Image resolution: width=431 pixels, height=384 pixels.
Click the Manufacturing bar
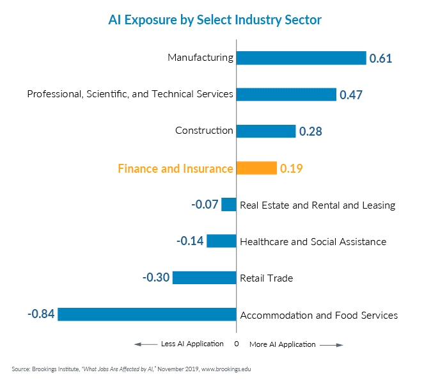(301, 58)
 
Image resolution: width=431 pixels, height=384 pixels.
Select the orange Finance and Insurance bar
(256, 168)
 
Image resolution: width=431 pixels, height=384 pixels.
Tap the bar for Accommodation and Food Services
(147, 314)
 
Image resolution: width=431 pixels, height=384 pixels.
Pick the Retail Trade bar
(205, 278)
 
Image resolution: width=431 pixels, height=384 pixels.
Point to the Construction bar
(266, 131)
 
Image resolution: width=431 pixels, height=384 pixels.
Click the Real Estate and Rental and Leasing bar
(229, 205)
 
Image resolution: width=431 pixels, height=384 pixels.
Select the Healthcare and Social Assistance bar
(221, 241)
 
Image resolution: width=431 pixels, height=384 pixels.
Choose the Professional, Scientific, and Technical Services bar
(286, 95)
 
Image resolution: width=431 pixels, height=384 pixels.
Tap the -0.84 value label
(42, 314)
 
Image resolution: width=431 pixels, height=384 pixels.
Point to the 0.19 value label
(291, 169)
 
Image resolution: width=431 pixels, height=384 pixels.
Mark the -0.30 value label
(156, 278)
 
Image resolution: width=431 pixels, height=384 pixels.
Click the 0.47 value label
(351, 95)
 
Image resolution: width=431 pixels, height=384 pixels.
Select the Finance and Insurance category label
(175, 169)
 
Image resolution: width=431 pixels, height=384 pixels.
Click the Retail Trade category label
(266, 278)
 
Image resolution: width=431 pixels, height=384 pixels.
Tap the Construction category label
(204, 131)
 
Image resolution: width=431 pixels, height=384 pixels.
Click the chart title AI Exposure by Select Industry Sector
(215, 20)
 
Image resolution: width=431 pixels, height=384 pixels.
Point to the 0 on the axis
(236, 344)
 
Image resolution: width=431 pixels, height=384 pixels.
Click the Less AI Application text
(192, 344)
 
